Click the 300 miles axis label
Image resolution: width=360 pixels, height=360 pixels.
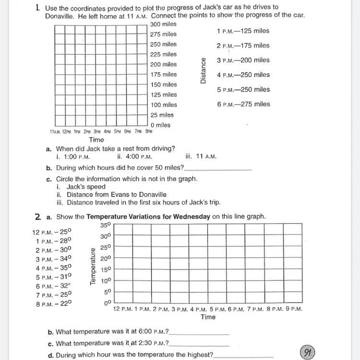click(163, 24)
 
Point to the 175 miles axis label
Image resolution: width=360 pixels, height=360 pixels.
click(163, 74)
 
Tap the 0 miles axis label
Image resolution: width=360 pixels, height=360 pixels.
click(160, 125)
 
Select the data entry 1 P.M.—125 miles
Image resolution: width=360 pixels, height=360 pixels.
click(243, 31)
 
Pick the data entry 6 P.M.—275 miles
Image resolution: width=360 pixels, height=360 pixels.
click(243, 104)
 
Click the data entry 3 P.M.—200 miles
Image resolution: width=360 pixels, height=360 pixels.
click(243, 60)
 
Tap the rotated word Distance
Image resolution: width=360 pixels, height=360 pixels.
click(203, 71)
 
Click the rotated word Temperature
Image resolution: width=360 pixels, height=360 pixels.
click(93, 267)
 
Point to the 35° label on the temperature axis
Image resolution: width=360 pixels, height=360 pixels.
click(105, 225)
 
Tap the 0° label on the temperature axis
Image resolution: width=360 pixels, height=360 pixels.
click(107, 303)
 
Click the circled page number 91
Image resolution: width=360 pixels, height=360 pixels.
click(307, 353)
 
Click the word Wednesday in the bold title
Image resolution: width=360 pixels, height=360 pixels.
click(186, 216)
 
